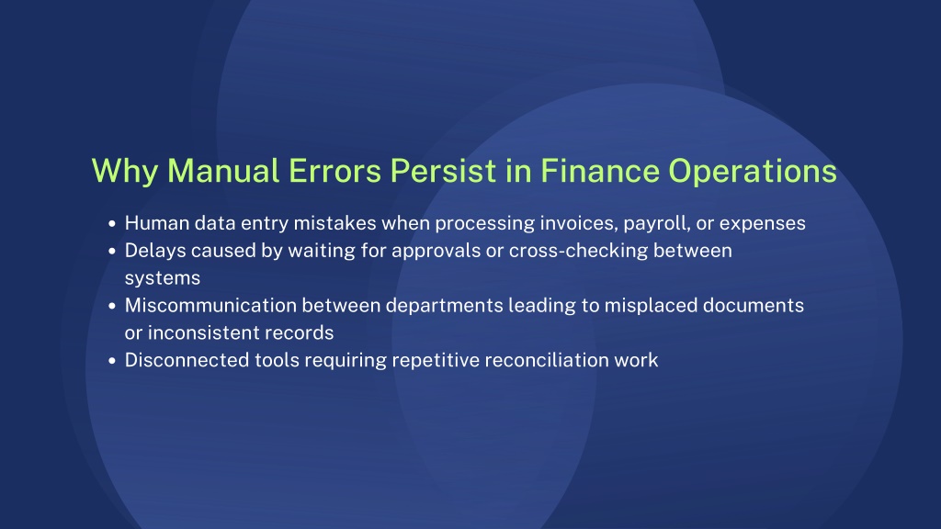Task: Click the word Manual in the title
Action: pos(223,170)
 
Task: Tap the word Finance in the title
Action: pos(600,170)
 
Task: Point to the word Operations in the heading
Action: pos(753,173)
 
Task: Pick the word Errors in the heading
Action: pos(334,170)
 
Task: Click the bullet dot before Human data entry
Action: pos(111,224)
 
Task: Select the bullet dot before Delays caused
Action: pos(111,252)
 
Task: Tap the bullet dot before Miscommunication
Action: pos(111,307)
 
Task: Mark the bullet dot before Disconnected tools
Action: pos(111,361)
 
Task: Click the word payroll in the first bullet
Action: pos(656,224)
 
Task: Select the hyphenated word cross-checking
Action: pos(579,251)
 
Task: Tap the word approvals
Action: pos(436,252)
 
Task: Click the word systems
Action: pos(162,279)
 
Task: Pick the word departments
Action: pos(444,306)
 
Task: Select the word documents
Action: pos(754,306)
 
